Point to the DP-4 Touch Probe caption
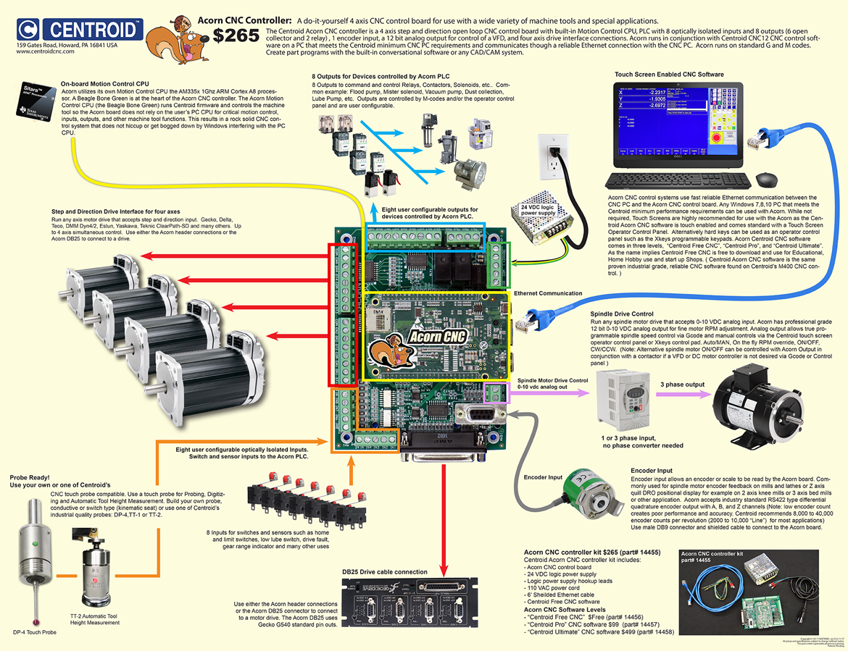(33, 631)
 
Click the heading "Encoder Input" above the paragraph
(657, 470)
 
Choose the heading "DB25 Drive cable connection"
(385, 571)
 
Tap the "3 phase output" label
(683, 384)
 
